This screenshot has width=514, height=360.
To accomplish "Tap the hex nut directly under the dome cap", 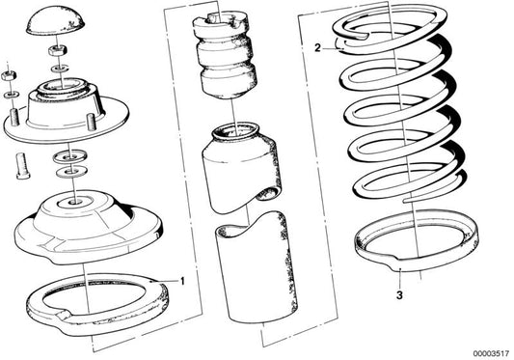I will (59, 50).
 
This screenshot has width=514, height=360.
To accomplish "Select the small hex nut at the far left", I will (9, 73).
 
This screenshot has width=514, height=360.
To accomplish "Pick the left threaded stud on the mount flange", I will (15, 121).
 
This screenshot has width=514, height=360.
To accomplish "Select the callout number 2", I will (316, 45).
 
